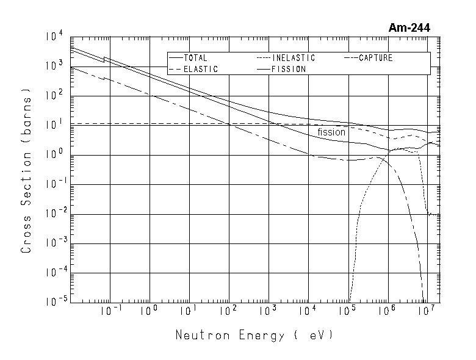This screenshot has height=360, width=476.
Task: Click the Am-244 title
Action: [409, 27]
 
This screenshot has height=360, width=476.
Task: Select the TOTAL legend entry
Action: [195, 58]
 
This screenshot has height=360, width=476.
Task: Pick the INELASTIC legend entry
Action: [294, 58]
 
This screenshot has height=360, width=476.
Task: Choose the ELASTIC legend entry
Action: [200, 69]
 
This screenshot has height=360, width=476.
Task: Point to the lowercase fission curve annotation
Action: [331, 132]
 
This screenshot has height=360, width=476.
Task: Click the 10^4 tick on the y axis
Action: [54, 38]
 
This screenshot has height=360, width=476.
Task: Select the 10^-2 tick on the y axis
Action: [52, 214]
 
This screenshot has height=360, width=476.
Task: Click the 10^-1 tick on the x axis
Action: [109, 311]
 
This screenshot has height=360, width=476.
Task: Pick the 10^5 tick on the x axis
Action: [347, 311]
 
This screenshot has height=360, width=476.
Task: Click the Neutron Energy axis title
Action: [255, 335]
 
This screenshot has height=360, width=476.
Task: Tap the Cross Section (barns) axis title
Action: [26, 170]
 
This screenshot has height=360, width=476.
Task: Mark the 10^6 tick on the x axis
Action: [386, 311]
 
